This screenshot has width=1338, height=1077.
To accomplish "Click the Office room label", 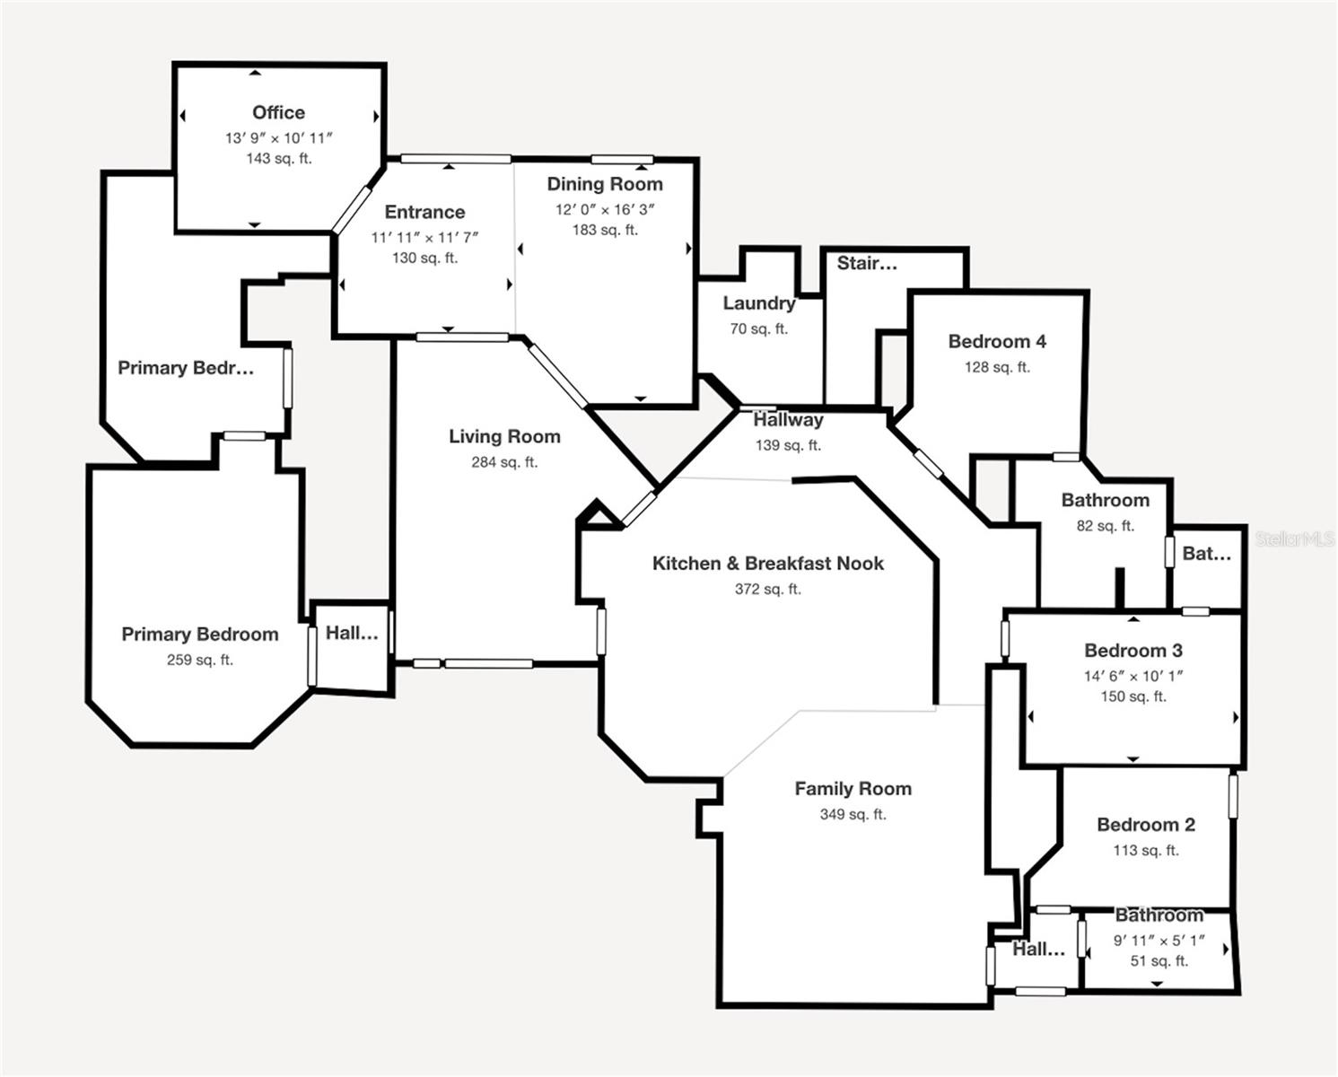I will coord(278,113).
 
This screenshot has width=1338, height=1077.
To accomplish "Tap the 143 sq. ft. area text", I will coord(279,159).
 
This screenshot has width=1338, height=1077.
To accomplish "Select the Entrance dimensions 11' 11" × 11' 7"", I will coord(425,238).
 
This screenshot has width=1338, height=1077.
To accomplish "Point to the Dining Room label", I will coord(605,184).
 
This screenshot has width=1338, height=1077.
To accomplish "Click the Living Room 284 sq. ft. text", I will coord(504,462).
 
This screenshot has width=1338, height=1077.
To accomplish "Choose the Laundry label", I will coord(759,303).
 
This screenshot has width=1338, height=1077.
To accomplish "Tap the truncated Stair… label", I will coord(867,263).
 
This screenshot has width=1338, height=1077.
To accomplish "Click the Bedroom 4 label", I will coord(997,342).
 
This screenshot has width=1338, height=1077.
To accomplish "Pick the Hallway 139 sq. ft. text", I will coord(788,445).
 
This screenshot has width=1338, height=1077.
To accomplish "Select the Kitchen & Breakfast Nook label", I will coord(768,564).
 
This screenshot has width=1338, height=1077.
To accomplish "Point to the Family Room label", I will coord(853,789).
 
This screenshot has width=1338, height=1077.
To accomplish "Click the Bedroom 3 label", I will coord(1133,651).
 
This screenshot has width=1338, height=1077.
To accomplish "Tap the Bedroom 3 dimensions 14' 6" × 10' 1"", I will coord(1133,676).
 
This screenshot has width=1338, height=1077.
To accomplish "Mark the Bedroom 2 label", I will coord(1146,825).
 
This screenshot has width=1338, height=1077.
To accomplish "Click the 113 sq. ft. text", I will coord(1146,850).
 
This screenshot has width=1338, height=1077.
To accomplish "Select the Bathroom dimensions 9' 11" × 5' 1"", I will coord(1159,941).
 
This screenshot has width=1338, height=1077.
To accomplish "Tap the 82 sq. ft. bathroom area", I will coord(1106,526).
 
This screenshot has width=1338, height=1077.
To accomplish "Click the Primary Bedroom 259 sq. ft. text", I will coord(200,660).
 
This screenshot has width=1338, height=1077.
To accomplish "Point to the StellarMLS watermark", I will coord(1295,539).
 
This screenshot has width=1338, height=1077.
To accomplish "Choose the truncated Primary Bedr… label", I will coord(186,368).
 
